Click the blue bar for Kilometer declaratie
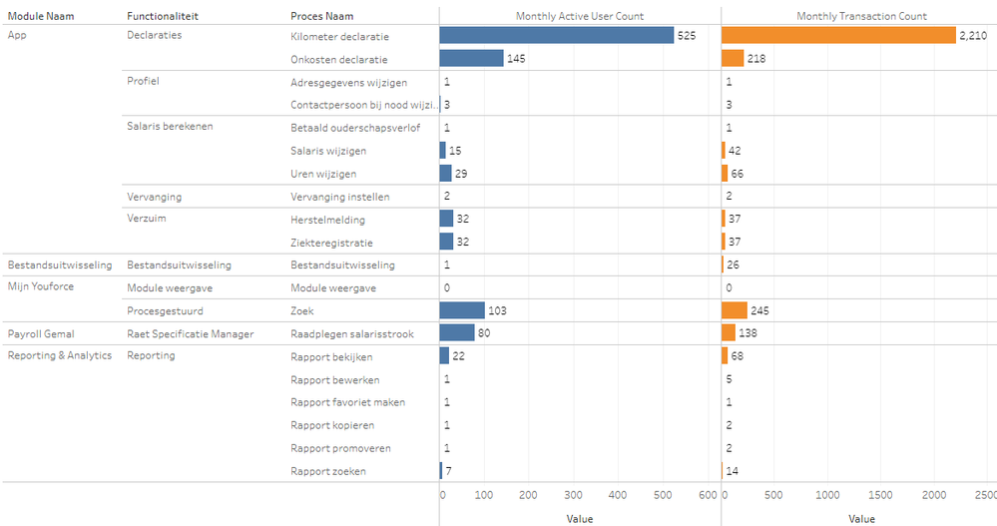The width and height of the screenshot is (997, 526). pyautogui.click(x=556, y=35)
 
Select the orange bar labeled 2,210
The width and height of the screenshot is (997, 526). pyautogui.click(x=838, y=35)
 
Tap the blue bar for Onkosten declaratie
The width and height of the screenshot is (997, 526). pyautogui.click(x=471, y=58)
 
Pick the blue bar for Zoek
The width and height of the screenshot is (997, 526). pyautogui.click(x=462, y=310)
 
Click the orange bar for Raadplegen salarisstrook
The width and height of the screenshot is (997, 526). pyautogui.click(x=729, y=333)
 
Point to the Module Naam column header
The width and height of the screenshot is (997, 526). pyautogui.click(x=41, y=16)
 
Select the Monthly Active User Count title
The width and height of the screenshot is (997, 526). pyautogui.click(x=579, y=16)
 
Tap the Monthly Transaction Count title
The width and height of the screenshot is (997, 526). pyautogui.click(x=862, y=16)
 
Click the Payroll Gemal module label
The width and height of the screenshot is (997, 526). pyautogui.click(x=41, y=333)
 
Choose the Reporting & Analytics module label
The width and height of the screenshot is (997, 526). pyautogui.click(x=60, y=355)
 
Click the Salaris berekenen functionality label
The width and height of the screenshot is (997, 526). pyautogui.click(x=170, y=127)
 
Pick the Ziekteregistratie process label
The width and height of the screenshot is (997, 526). pyautogui.click(x=332, y=242)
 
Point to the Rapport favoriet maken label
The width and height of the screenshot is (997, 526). pyautogui.click(x=347, y=402)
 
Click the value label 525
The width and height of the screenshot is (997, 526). pyautogui.click(x=687, y=36)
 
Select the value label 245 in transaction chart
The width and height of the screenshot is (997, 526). pyautogui.click(x=759, y=311)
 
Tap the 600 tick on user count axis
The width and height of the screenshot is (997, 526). pyautogui.click(x=707, y=495)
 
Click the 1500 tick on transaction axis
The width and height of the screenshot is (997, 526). pyautogui.click(x=880, y=495)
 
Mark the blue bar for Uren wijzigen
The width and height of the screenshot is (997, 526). pyautogui.click(x=445, y=173)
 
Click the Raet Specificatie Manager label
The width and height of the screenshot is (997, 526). pyautogui.click(x=191, y=333)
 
